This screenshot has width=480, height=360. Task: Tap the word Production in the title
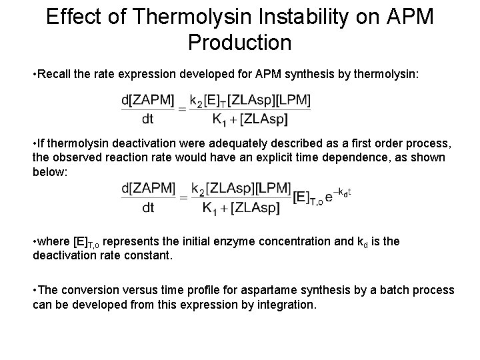pyautogui.click(x=240, y=42)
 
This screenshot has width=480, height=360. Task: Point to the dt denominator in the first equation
pyautogui.click(x=147, y=121)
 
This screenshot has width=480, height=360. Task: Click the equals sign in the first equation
pyautogui.click(x=181, y=111)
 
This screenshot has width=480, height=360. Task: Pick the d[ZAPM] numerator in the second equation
pyautogui.click(x=148, y=189)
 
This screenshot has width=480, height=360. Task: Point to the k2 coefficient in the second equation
pyautogui.click(x=199, y=189)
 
